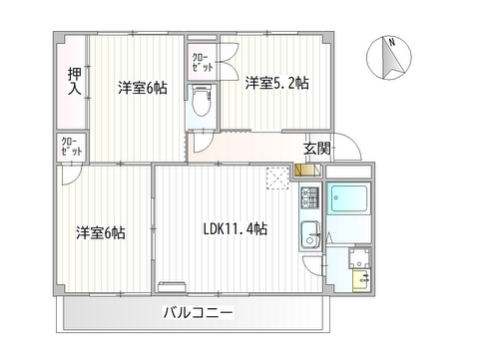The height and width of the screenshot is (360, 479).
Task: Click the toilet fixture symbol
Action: [202, 101]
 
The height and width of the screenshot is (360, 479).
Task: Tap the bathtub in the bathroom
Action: [349, 199]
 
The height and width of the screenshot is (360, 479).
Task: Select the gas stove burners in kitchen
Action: [310, 197]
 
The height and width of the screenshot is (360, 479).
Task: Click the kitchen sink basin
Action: [310, 235]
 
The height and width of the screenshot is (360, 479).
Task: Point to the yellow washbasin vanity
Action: [361, 280]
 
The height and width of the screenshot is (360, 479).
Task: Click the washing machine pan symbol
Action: [359, 258]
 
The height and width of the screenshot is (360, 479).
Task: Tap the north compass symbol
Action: [389, 58]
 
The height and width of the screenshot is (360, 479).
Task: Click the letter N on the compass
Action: [392, 42]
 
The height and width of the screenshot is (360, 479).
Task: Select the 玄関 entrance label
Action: [317, 149]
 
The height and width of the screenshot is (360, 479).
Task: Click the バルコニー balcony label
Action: [198, 312]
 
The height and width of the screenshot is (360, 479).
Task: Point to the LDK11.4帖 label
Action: [236, 229]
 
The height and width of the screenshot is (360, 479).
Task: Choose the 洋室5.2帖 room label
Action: [277, 83]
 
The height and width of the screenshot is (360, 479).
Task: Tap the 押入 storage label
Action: [75, 81]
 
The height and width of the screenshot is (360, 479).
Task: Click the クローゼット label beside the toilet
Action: [203, 63]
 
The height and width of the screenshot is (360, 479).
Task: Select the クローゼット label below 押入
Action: [72, 147]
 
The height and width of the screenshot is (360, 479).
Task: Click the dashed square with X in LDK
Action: [277, 179]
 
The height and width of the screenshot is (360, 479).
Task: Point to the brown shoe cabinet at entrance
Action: [302, 170]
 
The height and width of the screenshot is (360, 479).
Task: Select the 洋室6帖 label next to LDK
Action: [101, 232]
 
